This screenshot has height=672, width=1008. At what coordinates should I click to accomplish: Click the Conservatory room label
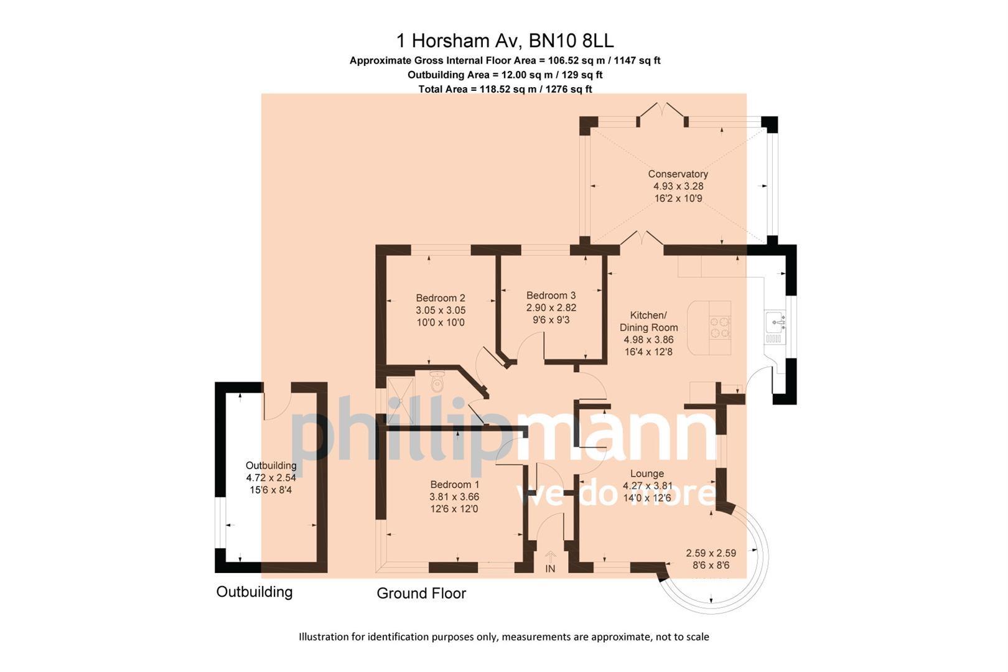click(678, 174)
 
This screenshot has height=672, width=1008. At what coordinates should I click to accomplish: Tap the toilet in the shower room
click(437, 381)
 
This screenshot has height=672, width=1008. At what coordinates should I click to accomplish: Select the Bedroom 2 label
click(441, 298)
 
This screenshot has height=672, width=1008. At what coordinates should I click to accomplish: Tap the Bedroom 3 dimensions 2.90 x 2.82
click(551, 308)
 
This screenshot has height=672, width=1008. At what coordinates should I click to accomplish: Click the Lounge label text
click(647, 474)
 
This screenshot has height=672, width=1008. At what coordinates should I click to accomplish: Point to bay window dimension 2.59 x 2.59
click(711, 553)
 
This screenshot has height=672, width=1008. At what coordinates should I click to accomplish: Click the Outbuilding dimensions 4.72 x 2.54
click(271, 478)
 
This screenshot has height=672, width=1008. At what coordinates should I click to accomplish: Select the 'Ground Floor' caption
click(421, 594)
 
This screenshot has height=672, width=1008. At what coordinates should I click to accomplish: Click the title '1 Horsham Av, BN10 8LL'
click(505, 41)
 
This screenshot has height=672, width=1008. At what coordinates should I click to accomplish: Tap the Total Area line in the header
click(505, 89)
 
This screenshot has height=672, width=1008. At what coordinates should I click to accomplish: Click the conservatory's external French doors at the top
click(663, 113)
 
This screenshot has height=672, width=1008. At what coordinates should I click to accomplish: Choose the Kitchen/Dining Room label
click(648, 321)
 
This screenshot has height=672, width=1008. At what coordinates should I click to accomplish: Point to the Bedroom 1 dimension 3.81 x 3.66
click(454, 497)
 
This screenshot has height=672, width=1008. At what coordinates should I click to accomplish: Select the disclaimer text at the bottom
click(504, 637)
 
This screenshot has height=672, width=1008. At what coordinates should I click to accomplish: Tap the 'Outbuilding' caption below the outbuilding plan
click(254, 592)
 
